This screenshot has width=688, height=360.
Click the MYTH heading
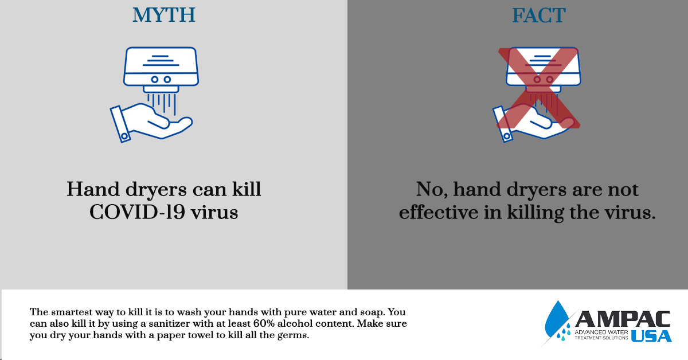click(164, 15)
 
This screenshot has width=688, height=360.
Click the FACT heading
click(539, 15)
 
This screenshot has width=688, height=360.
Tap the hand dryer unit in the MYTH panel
click(161, 69)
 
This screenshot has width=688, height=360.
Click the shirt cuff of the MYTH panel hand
click(120, 124)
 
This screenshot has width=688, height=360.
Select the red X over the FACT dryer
click(539, 88)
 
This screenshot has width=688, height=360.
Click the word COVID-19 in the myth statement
click(137, 212)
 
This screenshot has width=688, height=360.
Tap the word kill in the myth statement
click(247, 189)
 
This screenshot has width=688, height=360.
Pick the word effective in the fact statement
click(439, 212)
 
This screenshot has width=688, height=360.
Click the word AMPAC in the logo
click(623, 319)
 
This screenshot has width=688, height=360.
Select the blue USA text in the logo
click(651, 336)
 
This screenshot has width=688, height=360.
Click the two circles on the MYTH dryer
click(161, 80)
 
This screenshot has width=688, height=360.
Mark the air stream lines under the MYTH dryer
click(161, 104)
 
